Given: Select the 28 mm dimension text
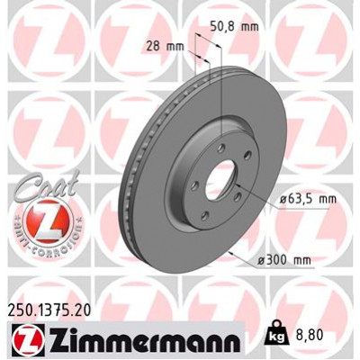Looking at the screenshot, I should [162, 45].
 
